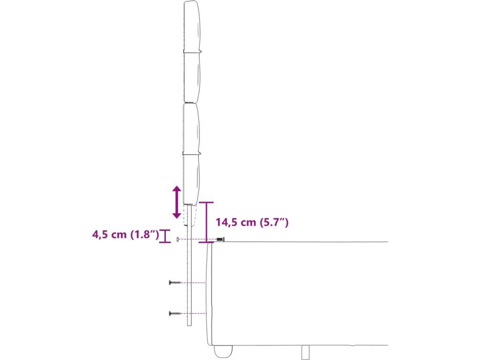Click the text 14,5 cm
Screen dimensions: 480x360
236,222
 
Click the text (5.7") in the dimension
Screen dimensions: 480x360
274,222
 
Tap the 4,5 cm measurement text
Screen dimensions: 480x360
109,234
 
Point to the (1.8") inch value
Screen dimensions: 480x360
145,235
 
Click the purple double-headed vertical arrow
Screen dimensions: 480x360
177,202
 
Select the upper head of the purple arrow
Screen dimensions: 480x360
177,189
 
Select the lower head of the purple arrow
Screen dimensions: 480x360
177,215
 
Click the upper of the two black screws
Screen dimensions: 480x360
175,283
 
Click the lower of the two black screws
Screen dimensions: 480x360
175,314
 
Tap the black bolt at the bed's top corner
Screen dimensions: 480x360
220,239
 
